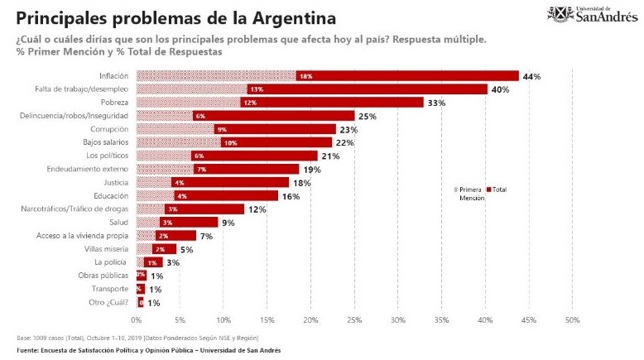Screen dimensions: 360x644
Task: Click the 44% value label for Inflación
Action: coord(531,76)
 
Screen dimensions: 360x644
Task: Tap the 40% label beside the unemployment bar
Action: coord(499,89)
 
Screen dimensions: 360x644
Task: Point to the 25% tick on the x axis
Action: coord(354,319)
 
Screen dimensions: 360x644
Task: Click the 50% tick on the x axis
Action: coord(572,319)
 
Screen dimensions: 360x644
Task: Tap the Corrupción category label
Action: coord(110,129)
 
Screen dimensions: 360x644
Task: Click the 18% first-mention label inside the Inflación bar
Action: coord(305,76)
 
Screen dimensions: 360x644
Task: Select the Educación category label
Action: coord(111,195)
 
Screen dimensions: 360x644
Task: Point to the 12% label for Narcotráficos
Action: coord(257,209)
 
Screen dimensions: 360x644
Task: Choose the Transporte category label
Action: coord(110,289)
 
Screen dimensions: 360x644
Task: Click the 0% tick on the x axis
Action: coord(137,319)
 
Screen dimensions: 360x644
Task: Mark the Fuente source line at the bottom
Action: coord(148,351)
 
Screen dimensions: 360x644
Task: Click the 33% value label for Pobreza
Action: coord(436,103)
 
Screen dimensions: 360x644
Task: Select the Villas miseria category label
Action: coord(108,248)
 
